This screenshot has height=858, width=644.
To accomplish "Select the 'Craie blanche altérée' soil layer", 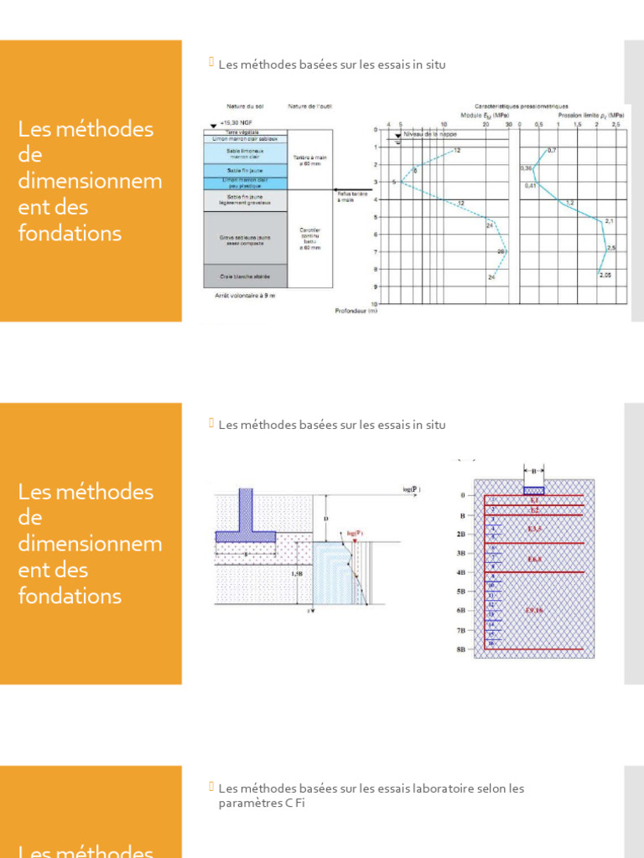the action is (246, 276).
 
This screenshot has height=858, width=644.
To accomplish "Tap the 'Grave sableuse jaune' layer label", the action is (246, 239).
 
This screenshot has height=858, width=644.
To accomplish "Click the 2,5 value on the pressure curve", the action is (611, 248).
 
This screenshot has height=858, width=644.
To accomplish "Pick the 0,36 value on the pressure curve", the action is (526, 168).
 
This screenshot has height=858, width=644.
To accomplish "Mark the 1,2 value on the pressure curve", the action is (569, 203).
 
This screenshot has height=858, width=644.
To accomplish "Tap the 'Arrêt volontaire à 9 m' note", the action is (239, 296).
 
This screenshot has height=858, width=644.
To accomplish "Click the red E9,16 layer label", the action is (534, 610).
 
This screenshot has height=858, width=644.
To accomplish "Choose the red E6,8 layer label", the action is (534, 558).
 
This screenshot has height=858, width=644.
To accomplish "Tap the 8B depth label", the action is (460, 649).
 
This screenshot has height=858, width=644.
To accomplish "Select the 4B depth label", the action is (460, 572).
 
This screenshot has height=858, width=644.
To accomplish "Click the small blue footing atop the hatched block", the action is (534, 491).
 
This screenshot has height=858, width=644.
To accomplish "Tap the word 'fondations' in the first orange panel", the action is (70, 233).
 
